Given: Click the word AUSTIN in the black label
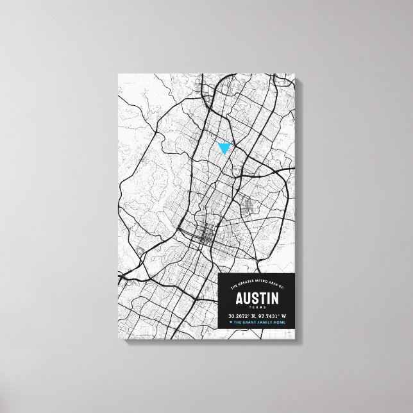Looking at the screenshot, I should point(257,299).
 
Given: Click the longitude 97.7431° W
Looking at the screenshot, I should point(273,317).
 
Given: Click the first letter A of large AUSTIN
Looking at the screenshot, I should point(239,299).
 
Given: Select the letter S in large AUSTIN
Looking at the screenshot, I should point(255,299).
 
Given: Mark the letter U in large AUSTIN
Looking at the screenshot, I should point(247,299).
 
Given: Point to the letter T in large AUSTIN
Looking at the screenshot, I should point(262,299).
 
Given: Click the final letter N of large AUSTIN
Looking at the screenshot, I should point(274,299).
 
